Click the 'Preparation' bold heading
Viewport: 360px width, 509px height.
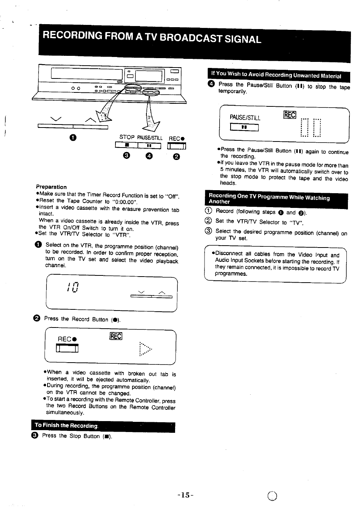point(51,187)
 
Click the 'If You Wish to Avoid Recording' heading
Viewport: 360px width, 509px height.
point(276,75)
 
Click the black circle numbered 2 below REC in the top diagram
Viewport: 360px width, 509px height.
point(176,157)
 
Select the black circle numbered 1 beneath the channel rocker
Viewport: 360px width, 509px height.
point(73,138)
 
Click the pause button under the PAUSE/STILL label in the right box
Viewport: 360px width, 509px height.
point(245,128)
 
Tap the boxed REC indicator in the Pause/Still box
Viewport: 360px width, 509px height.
point(289,115)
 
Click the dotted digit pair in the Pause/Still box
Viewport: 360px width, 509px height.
point(311,128)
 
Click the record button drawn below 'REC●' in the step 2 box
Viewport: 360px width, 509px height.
point(67,349)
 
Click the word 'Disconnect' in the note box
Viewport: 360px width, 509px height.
point(228,254)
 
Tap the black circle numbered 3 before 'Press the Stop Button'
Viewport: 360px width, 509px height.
point(37,435)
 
